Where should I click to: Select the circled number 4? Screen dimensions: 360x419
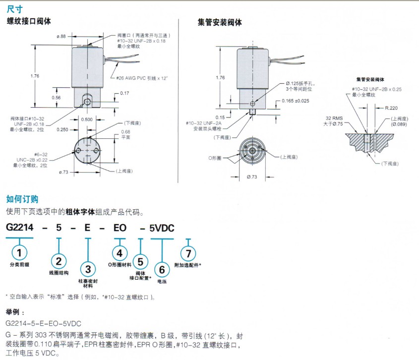pos(119,253)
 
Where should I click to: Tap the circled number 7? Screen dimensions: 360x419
pos(187,253)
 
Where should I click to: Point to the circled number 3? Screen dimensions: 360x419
pos(88,269)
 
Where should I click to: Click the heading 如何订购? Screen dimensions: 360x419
pos(22,199)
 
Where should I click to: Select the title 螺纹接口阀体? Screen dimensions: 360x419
pos(29,21)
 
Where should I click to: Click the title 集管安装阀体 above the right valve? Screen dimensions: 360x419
pos(220,22)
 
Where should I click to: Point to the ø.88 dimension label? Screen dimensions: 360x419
pos(61,36)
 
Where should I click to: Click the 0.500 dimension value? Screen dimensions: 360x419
pos(87,119)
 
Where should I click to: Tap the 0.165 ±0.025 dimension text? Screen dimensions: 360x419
pos(296,101)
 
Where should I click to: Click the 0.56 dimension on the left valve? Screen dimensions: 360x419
pos(56,98)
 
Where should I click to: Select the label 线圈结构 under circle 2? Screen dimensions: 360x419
pos(59,273)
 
